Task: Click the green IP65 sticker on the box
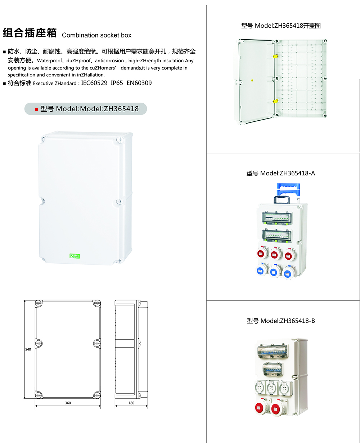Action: click(75, 256)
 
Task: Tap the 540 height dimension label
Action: click(28, 349)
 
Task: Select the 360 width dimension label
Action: click(68, 403)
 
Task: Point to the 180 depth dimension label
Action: click(131, 403)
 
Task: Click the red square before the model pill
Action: click(37, 109)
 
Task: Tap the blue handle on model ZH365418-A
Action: click(288, 190)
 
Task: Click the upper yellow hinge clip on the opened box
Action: click(275, 56)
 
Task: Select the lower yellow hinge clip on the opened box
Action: click(275, 101)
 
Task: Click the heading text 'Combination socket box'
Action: click(96, 35)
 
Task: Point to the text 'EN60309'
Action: click(139, 83)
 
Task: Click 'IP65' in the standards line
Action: click(117, 83)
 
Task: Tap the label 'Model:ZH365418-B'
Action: click(288, 321)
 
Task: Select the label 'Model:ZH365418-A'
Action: click(287, 173)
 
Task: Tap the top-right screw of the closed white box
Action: click(120, 140)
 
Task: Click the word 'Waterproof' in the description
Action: click(50, 61)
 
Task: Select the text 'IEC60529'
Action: click(94, 83)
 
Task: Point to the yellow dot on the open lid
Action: click(252, 80)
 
